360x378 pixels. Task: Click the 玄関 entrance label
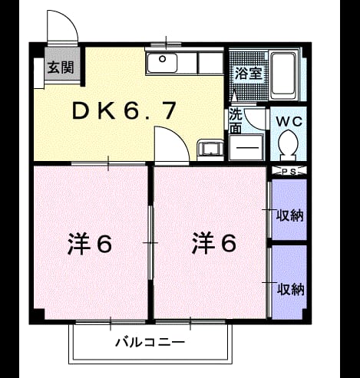[x=61, y=67]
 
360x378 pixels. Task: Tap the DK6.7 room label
[x=124, y=110]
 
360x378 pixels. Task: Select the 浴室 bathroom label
[x=249, y=74]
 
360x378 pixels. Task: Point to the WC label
[x=289, y=122]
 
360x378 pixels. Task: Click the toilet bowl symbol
[x=288, y=145]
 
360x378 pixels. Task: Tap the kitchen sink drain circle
[x=162, y=59]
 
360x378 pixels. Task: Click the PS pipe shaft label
[x=289, y=172]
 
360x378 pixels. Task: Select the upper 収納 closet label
[x=290, y=215]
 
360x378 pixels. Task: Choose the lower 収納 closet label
[x=291, y=289]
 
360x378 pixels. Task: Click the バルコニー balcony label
[x=150, y=342]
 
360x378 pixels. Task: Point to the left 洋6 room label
[x=90, y=243]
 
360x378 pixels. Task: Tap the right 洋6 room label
[x=214, y=242]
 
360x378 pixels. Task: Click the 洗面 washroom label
[x=235, y=121]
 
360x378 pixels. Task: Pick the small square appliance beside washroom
[x=210, y=150]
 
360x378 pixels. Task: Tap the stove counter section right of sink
[x=210, y=63]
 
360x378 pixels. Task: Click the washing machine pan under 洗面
[x=246, y=147]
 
